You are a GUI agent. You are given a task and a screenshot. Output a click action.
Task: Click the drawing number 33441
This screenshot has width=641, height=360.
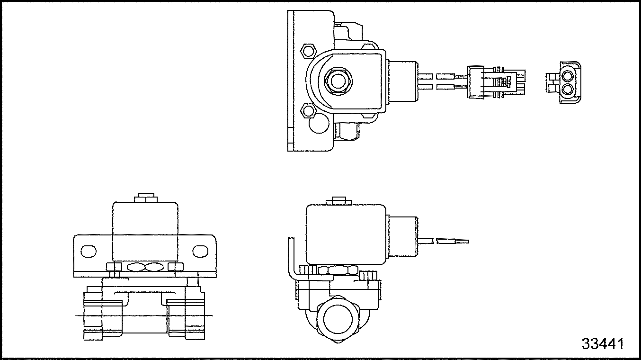point(603,343)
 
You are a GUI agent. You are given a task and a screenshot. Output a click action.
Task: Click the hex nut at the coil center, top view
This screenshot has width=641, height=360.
point(338,81)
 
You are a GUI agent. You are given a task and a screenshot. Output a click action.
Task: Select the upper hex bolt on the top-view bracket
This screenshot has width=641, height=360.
point(309,52)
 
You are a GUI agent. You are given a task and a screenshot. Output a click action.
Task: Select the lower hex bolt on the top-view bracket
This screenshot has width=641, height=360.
point(308,110)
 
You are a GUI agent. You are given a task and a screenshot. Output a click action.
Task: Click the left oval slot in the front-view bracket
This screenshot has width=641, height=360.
point(89,252)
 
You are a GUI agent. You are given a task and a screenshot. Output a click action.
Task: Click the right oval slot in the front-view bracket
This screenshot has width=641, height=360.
point(200,252)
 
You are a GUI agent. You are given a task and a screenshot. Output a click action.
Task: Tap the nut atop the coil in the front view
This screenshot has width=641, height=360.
point(146,198)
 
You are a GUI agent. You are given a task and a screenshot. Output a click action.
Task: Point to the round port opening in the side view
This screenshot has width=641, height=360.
point(338,319)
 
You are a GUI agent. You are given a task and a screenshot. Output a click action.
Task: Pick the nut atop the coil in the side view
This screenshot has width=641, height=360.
point(339,201)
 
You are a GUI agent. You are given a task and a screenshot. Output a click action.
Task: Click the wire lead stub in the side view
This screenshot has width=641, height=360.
point(444,241)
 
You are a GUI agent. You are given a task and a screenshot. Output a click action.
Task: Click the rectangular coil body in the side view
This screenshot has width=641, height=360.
point(346,234)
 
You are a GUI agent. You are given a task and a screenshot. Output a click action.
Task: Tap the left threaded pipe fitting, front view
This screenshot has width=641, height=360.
point(103,316)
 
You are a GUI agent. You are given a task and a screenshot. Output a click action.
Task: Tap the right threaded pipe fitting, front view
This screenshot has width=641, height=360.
point(187,316)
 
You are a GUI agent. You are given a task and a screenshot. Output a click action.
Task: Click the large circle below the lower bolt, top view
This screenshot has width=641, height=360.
point(319,124)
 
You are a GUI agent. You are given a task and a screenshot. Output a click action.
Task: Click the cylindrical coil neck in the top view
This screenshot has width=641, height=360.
point(402,81)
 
